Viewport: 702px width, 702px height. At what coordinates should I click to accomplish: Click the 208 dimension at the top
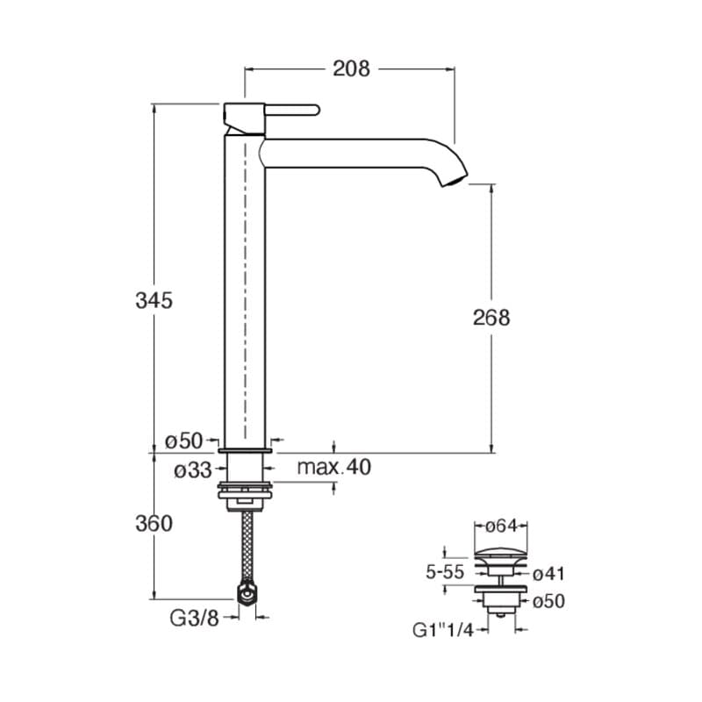click(x=351, y=68)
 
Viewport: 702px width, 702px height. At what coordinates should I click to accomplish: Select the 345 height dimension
click(x=154, y=300)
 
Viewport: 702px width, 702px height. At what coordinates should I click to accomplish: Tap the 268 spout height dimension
click(x=491, y=317)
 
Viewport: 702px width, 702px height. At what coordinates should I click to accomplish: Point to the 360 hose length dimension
click(x=154, y=524)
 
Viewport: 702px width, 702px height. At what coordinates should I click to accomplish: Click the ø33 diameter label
click(x=191, y=469)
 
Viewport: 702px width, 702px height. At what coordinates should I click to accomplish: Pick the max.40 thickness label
click(x=333, y=467)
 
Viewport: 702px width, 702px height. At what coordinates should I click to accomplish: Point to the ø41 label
click(x=549, y=574)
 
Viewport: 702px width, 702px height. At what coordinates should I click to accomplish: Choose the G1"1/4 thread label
click(x=443, y=629)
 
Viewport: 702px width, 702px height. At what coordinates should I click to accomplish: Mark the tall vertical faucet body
click(x=245, y=290)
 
